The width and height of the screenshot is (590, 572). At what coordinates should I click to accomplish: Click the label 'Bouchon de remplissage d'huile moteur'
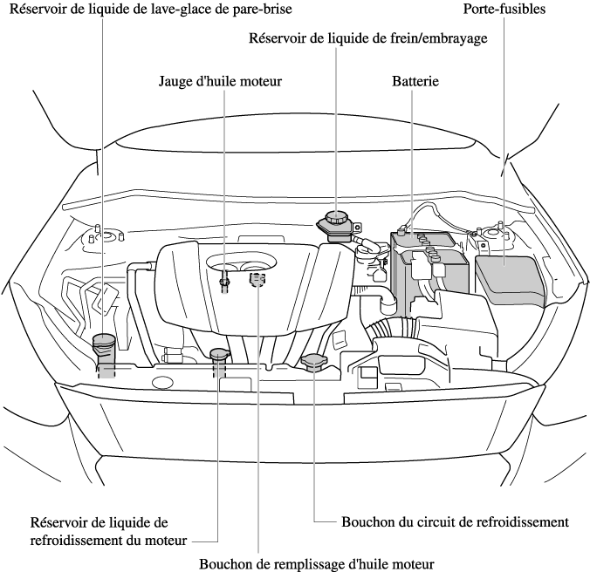[x=316, y=563]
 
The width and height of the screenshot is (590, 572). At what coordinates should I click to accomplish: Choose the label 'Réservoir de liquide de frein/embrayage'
[x=367, y=38]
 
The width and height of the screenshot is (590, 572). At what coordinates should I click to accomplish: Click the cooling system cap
[x=313, y=360]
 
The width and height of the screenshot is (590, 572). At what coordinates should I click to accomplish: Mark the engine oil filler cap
[x=257, y=279]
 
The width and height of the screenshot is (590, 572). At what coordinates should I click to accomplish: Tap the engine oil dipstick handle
[x=225, y=279]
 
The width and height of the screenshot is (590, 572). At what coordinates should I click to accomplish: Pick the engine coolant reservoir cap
[x=218, y=354]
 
